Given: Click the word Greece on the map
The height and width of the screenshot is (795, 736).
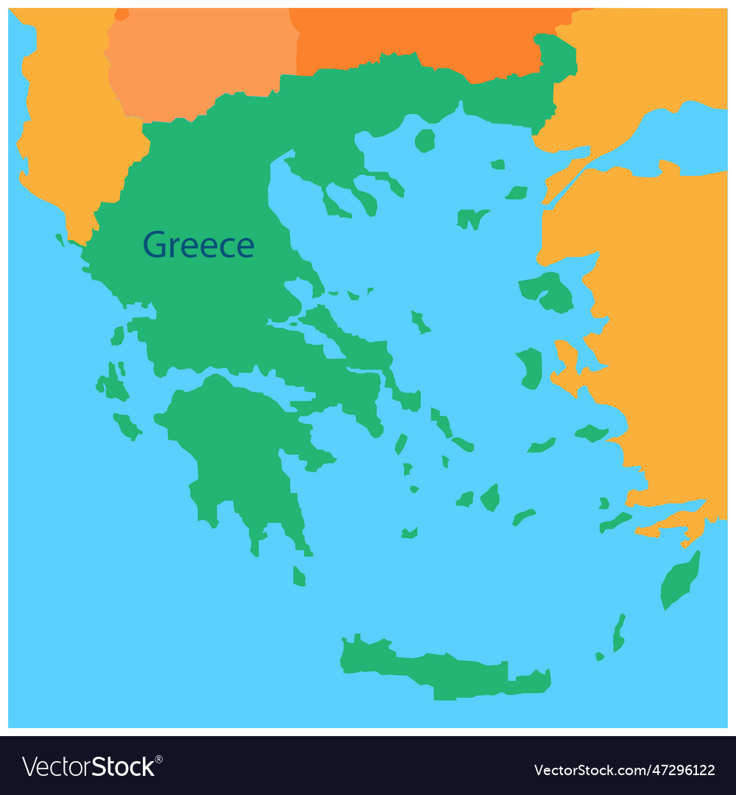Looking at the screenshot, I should point(198,244).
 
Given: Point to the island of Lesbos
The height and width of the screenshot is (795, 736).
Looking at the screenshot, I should point(548,291).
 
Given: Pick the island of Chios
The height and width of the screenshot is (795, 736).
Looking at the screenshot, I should point(531,368).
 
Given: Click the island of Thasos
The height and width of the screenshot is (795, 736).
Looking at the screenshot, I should point(425,140).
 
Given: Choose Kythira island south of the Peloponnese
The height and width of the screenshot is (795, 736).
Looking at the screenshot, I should point(299,576).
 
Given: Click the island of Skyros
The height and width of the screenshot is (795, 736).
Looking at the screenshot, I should point(420,322).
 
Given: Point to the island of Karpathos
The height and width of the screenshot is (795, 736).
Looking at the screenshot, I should point(619,633).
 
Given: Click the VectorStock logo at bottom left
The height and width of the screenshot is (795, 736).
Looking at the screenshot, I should point(88,766).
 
